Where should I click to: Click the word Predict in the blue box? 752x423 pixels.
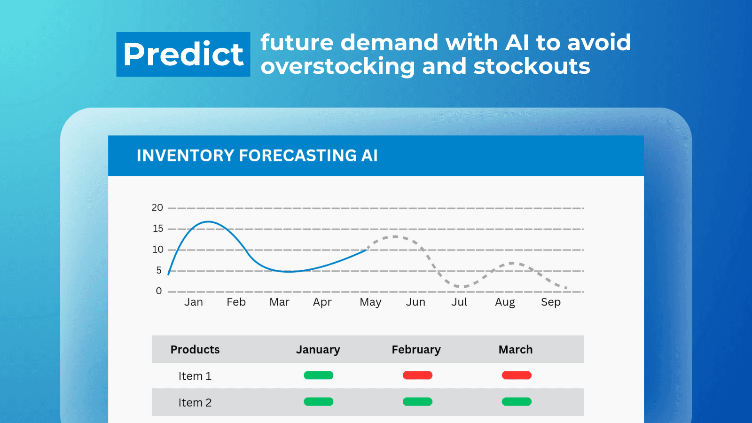click(183, 54)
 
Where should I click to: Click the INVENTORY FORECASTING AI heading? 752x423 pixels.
click(257, 156)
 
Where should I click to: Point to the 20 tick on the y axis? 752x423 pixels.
click(157, 208)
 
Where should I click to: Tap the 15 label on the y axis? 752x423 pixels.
click(158, 228)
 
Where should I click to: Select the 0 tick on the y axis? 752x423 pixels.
click(159, 291)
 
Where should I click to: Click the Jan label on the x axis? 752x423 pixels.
click(194, 302)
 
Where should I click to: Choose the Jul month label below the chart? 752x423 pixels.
click(459, 302)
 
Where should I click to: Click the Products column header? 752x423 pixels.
click(195, 350)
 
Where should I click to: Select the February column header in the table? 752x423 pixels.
click(416, 350)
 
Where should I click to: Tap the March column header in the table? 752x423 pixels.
click(516, 350)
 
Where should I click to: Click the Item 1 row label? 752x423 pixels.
click(195, 376)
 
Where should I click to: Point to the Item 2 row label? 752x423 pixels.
click(195, 402)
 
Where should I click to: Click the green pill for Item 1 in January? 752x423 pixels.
click(319, 376)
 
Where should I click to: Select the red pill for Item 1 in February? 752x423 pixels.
click(418, 376)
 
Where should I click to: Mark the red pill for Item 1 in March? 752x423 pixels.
click(517, 376)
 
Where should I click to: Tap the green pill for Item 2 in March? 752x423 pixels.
click(517, 401)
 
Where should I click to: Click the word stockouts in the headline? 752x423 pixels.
click(532, 66)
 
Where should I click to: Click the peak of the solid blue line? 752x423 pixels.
click(209, 221)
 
